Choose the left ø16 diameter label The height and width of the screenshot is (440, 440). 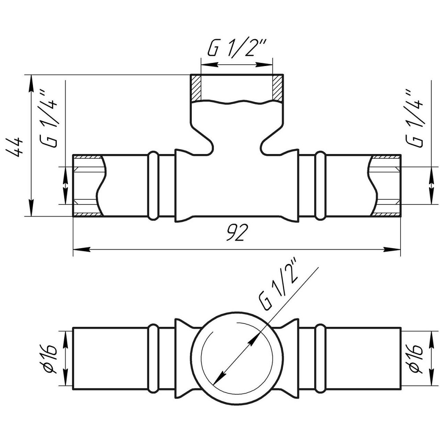51,359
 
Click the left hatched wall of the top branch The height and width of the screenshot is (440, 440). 196,88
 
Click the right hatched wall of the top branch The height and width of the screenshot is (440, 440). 277,88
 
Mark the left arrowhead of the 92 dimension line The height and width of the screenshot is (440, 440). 82,249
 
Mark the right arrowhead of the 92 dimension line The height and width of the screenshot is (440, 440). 392,249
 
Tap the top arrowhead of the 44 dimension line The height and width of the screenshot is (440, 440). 31,83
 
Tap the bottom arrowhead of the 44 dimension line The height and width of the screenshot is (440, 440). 31,208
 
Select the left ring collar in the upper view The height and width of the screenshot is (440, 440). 153,185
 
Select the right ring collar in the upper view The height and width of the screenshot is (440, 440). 320,185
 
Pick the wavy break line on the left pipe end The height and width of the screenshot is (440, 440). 101,185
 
